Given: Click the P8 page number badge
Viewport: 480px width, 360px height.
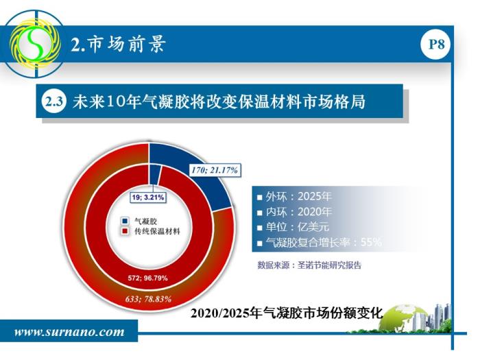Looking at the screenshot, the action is tap(436, 45).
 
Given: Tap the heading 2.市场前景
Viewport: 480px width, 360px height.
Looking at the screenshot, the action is tap(119, 44).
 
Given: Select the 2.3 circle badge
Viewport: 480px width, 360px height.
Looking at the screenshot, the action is tap(54, 101).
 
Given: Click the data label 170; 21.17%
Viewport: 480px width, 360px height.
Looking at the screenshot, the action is tap(215, 170).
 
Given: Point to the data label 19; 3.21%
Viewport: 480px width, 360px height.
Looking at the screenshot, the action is tap(148, 197).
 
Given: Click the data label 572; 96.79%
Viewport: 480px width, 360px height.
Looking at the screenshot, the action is tap(148, 278).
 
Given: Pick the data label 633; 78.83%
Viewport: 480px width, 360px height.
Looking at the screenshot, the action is tap(148, 299).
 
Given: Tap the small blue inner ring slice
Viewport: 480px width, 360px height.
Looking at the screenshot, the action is tap(154, 174).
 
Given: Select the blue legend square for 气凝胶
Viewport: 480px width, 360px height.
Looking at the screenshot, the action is tap(125, 221).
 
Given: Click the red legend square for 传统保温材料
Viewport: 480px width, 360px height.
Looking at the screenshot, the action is tap(125, 231).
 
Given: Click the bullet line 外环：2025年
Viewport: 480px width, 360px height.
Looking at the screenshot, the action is tap(295, 197).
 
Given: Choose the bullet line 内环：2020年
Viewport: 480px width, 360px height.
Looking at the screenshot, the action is tap(295, 212).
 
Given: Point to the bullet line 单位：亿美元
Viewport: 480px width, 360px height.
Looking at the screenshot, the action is tap(293, 227).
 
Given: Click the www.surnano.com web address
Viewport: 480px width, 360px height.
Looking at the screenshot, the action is tap(69, 332).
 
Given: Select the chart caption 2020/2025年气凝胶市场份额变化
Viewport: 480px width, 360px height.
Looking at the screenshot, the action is tap(287, 313).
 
